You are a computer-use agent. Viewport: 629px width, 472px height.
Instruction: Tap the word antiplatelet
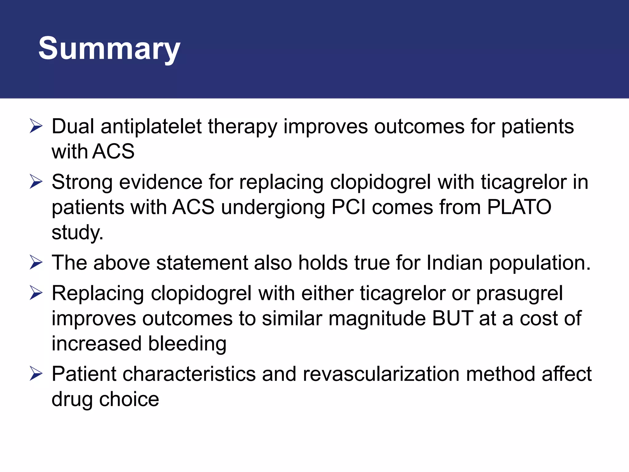tap(151, 126)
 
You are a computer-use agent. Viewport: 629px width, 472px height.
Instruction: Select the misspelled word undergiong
tap(273, 207)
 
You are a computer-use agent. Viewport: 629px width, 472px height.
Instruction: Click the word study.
tap(77, 232)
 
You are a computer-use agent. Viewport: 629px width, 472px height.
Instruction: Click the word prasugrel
tap(519, 293)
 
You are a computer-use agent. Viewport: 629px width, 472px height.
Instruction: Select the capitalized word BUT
tap(452, 318)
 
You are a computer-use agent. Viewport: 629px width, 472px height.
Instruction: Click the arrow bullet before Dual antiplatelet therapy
tap(36, 127)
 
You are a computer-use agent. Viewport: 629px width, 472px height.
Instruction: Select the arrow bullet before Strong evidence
tap(36, 182)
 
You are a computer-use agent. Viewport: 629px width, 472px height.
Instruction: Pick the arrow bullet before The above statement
tap(36, 263)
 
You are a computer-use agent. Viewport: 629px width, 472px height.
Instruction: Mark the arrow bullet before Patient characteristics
tap(36, 374)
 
